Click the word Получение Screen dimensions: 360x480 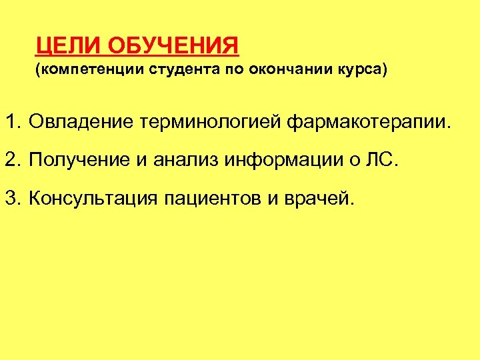click(x=79, y=161)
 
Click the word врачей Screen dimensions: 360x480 click(x=321, y=199)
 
